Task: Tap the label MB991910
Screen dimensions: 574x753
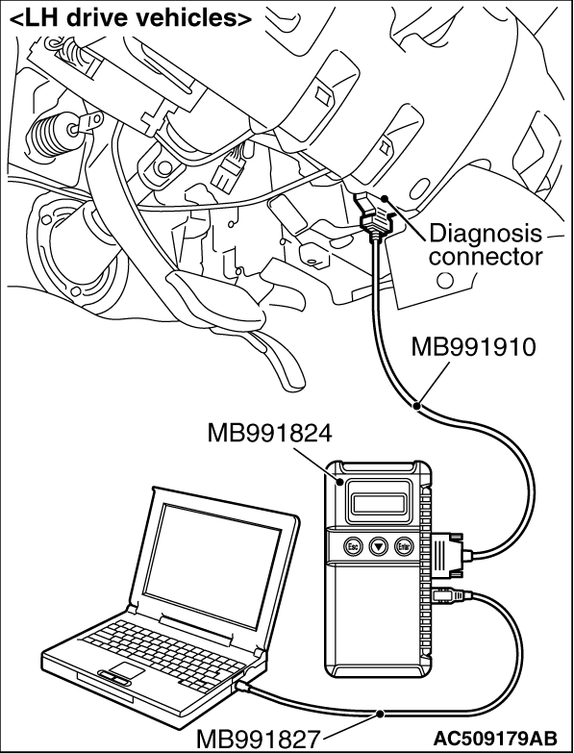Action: pyautogui.click(x=473, y=347)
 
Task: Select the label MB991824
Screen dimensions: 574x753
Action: pyautogui.click(x=269, y=434)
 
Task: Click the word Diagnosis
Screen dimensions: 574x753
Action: pyautogui.click(x=485, y=235)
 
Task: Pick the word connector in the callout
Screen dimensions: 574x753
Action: pyautogui.click(x=486, y=257)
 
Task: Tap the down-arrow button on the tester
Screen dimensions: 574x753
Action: pyautogui.click(x=379, y=546)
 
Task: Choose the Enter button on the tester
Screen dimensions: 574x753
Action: pyautogui.click(x=404, y=546)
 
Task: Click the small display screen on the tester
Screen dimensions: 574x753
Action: pyautogui.click(x=378, y=503)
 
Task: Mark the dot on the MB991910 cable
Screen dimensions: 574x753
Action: pyautogui.click(x=417, y=406)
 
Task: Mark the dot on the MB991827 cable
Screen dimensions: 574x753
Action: pyautogui.click(x=380, y=714)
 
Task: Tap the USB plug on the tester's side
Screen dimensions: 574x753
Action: pyautogui.click(x=450, y=596)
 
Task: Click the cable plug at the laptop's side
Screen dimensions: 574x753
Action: pyautogui.click(x=243, y=687)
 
